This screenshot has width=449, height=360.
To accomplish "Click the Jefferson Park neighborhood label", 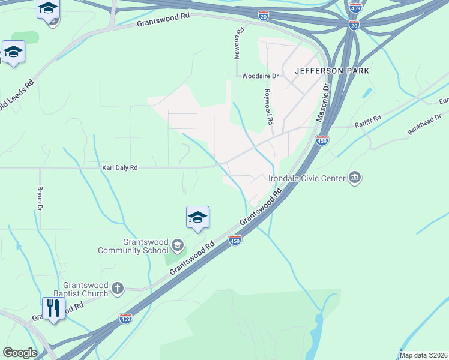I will (331, 71).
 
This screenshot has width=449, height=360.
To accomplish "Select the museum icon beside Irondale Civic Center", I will (355, 177).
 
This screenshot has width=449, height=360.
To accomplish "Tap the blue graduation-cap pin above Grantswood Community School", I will (197, 218).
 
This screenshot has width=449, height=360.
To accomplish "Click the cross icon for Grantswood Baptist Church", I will (118, 289).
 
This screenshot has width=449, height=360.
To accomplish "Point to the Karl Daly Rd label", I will (119, 168).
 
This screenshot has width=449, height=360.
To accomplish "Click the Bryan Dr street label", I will (40, 199).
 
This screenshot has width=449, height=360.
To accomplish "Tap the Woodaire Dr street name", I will (261, 76).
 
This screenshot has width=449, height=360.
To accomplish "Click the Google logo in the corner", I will (20, 353).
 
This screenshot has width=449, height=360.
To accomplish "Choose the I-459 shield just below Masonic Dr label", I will (322, 140).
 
